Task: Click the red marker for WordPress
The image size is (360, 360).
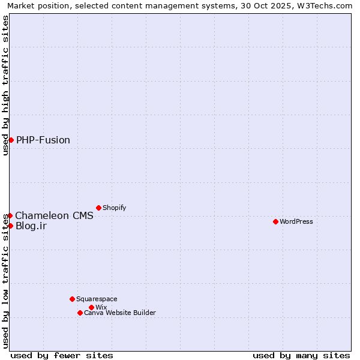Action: (275, 221)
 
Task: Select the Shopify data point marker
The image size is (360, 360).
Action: (98, 208)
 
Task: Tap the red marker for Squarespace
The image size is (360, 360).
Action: (72, 299)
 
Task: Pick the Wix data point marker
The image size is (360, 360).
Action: (91, 307)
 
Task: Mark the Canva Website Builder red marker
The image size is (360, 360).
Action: (80, 313)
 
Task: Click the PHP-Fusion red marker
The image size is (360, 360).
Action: (11, 140)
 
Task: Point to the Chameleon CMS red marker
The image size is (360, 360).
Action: (10, 215)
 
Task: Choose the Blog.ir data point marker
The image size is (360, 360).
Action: (10, 226)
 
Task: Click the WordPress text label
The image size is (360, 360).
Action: (296, 222)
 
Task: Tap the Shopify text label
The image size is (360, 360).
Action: (115, 208)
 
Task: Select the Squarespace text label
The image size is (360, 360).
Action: (97, 299)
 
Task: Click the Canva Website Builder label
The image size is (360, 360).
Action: (120, 313)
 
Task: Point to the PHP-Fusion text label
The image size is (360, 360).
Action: (43, 140)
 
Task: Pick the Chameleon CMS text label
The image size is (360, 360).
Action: (54, 216)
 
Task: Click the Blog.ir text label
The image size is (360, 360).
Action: (31, 226)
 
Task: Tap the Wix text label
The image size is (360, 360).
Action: (101, 308)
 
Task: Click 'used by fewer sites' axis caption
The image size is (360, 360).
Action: (62, 356)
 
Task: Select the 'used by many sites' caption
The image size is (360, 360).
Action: (301, 356)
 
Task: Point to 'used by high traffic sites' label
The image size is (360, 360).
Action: (6, 85)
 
